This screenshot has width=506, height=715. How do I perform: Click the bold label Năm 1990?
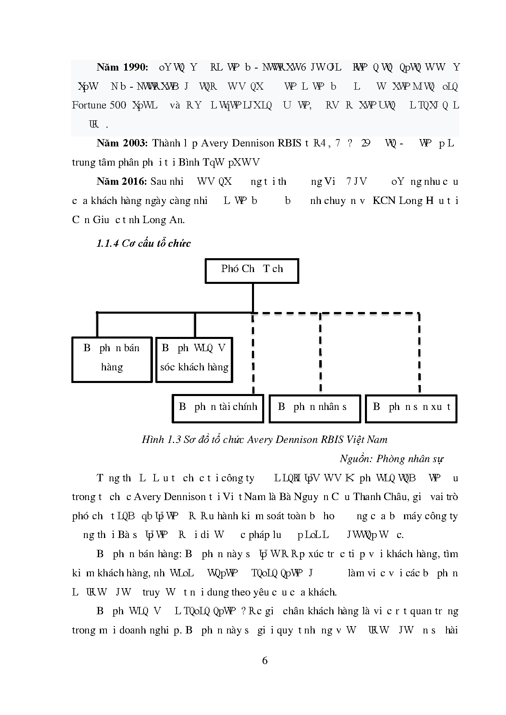pos(122,67)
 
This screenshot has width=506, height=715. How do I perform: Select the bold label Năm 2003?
pos(122,143)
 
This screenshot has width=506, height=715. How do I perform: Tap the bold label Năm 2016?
pos(122,182)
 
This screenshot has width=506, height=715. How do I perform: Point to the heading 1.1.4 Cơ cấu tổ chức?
pos(144,243)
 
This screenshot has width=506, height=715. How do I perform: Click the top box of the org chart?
pos(252,270)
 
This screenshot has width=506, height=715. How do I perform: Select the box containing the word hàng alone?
pos(112,359)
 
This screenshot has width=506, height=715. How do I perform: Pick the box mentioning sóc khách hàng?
pos(194,359)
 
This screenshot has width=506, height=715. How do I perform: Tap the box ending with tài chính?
pos(218,408)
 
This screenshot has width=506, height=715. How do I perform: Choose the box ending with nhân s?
pos(315,408)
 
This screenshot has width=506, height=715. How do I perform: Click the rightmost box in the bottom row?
pos(411,408)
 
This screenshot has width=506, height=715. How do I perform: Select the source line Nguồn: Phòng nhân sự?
pos(391,459)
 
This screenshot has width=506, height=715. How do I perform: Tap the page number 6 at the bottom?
pos(265,661)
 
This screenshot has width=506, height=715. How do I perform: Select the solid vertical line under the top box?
pos(253,298)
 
